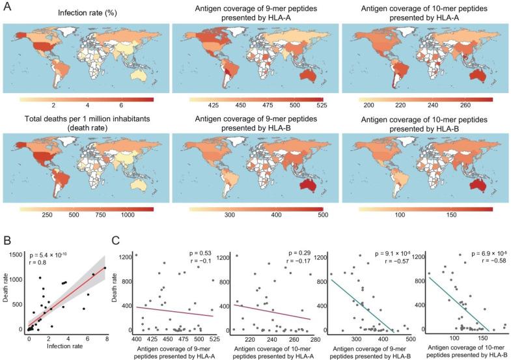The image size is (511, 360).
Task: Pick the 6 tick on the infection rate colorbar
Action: coord(122,105)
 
